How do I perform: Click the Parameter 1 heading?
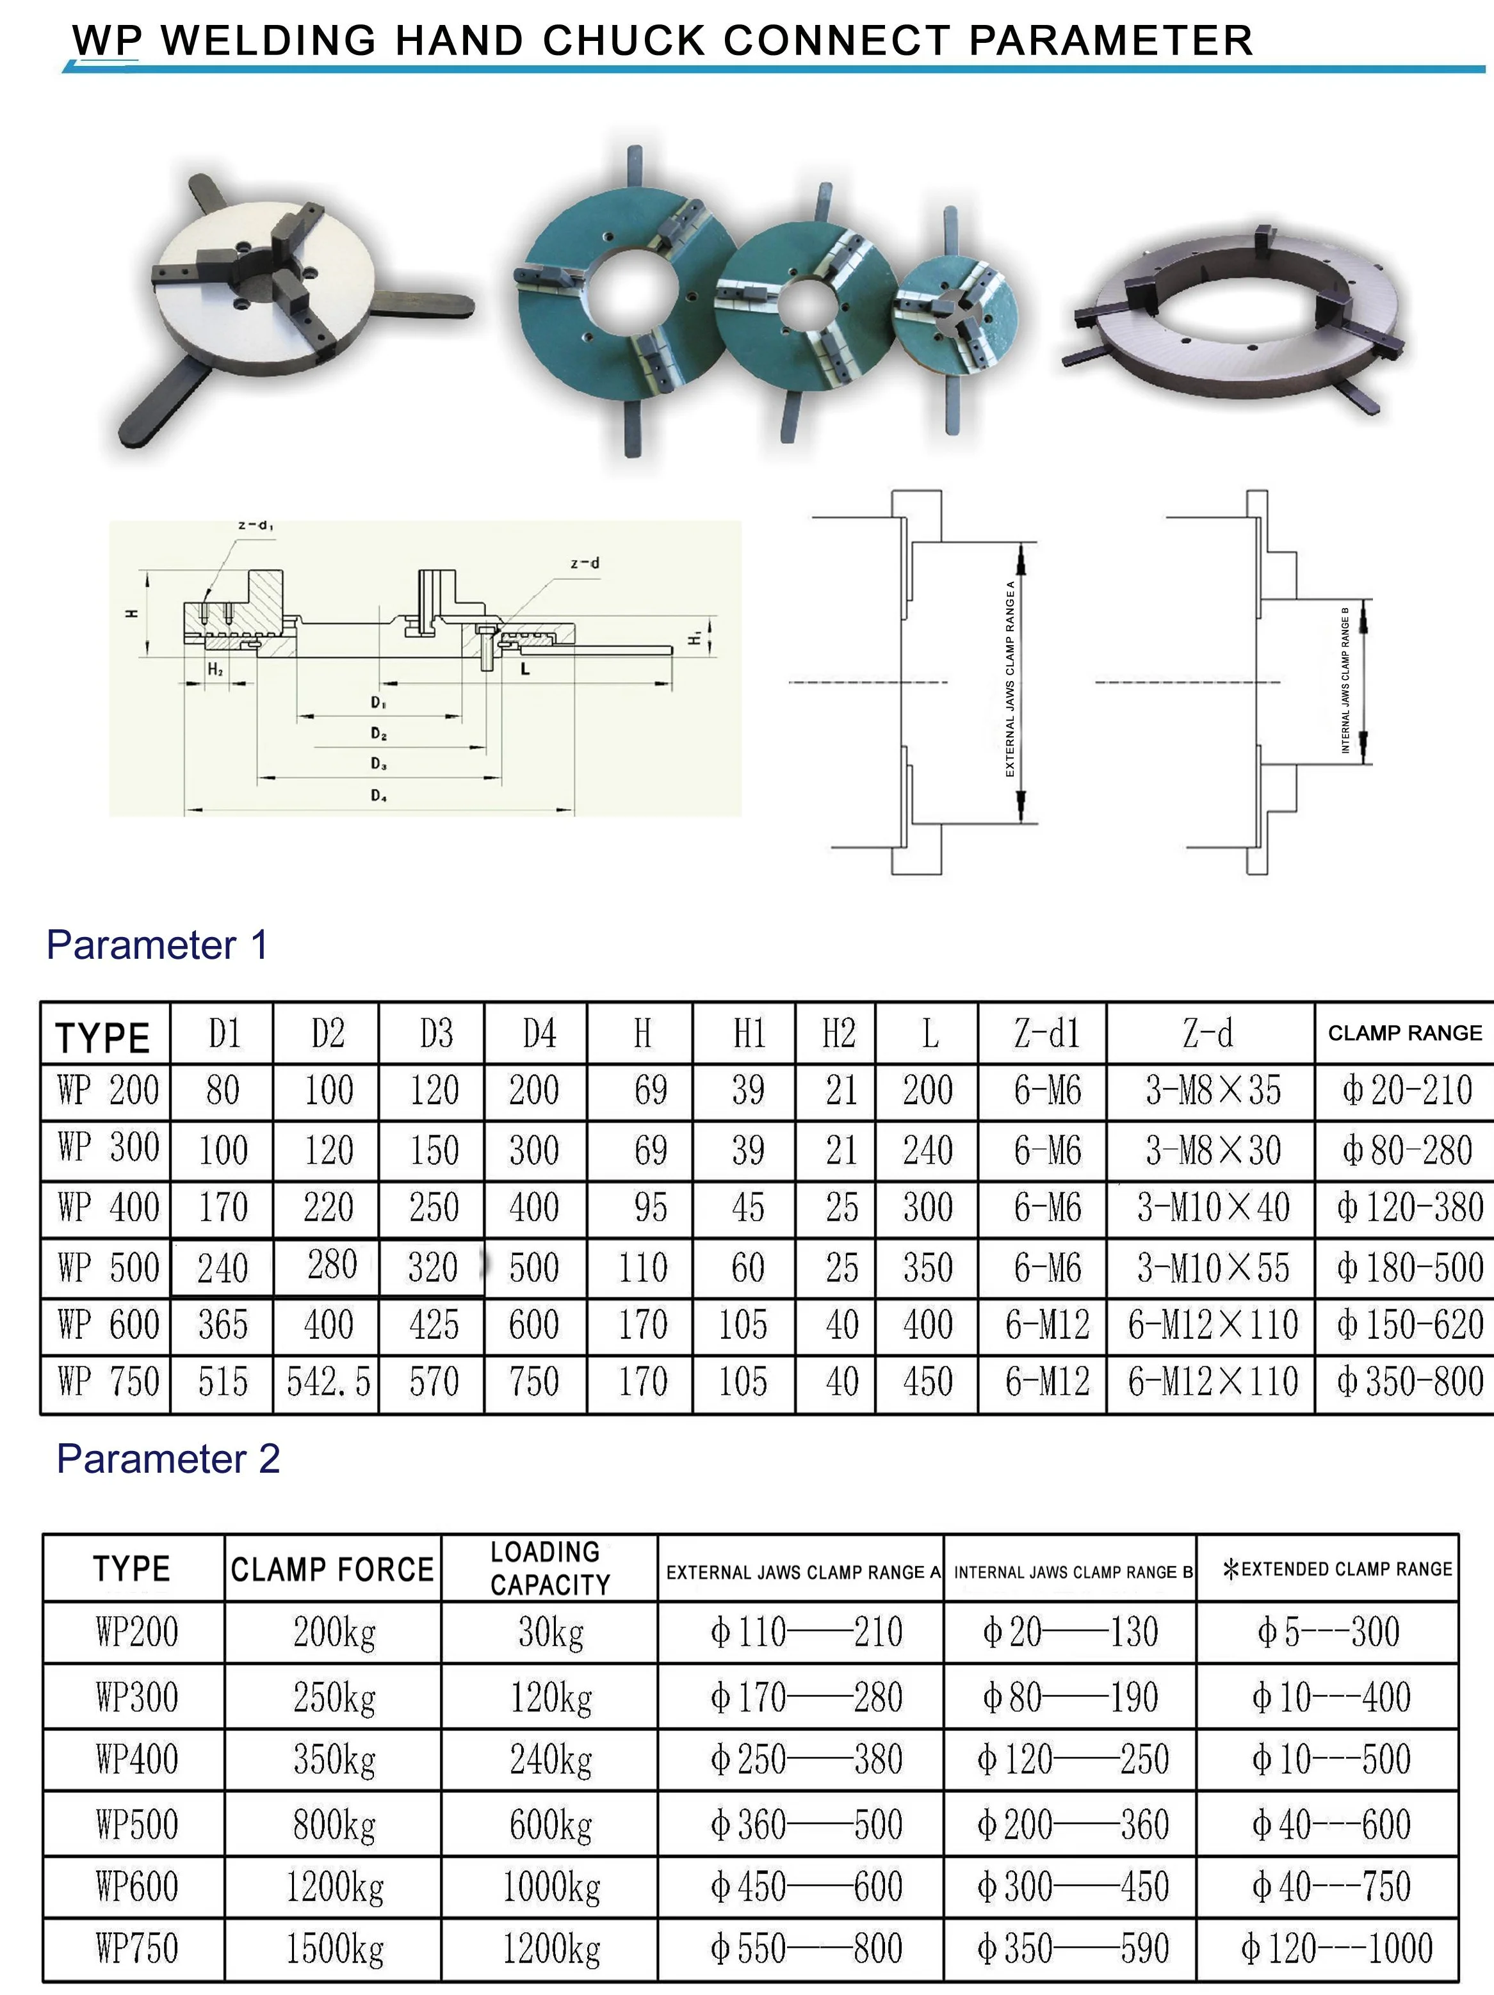point(157,945)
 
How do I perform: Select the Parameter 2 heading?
point(168,1459)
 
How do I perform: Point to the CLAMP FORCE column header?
point(332,1569)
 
